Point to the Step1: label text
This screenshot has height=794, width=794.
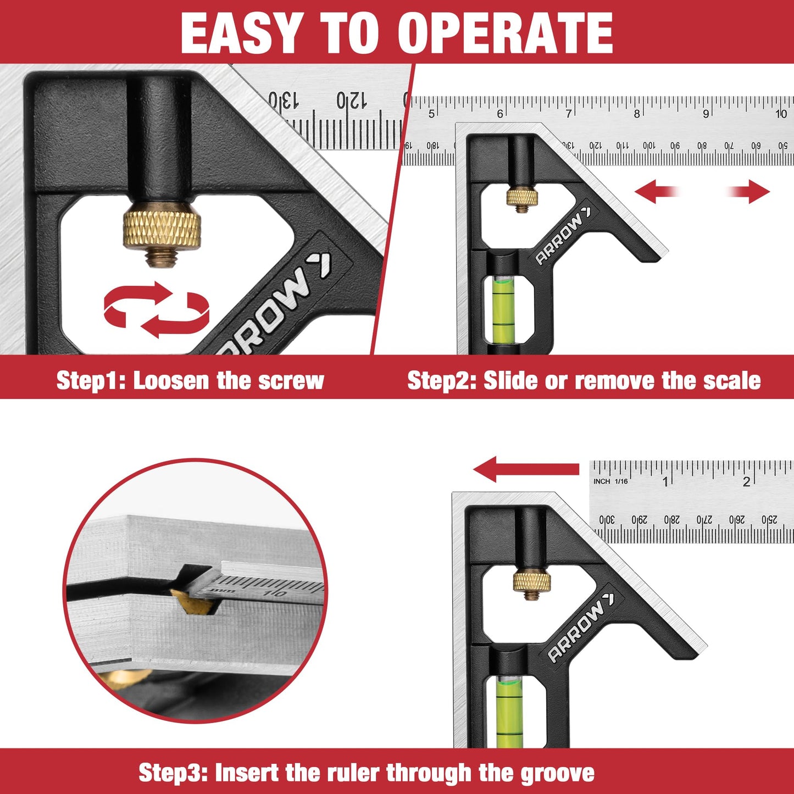pyautogui.click(x=91, y=381)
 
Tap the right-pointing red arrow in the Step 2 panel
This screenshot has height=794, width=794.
pyautogui.click(x=751, y=192)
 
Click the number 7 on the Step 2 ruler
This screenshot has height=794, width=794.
pyautogui.click(x=569, y=114)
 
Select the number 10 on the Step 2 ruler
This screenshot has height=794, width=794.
pyautogui.click(x=781, y=114)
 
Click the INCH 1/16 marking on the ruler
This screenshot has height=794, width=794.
pyautogui.click(x=610, y=481)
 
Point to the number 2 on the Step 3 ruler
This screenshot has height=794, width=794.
pyautogui.click(x=746, y=482)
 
